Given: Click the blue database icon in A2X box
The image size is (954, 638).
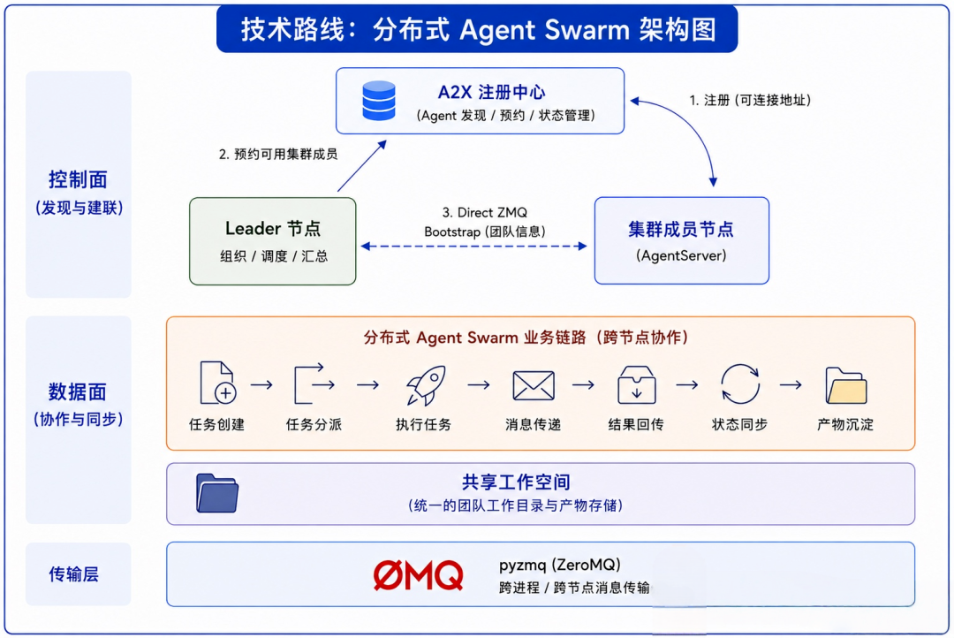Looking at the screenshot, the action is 378,101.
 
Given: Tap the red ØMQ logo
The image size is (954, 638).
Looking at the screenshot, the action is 418,575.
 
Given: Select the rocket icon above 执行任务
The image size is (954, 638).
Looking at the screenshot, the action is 426,384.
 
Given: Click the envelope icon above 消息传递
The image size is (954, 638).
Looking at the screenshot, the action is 534,385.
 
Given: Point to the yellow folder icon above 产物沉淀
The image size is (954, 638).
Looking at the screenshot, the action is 845,385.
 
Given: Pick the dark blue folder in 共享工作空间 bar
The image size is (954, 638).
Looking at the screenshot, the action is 217,493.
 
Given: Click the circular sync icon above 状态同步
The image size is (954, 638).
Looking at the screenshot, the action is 740,384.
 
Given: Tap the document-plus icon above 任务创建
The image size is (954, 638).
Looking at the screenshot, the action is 217,383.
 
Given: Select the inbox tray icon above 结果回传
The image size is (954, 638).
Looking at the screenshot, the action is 636,384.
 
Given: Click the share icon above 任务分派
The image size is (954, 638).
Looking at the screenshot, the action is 314,384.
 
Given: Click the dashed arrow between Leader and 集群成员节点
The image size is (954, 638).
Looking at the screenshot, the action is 473,247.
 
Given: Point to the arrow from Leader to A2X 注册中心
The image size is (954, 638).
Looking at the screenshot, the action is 362,166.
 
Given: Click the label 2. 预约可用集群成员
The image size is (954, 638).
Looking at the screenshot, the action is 278,154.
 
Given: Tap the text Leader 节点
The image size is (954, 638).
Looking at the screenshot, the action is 273,228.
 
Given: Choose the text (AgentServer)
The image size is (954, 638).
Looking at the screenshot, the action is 681,255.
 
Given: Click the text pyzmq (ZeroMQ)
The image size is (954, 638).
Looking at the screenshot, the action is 560,565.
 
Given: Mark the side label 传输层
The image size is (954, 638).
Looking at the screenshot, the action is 73,574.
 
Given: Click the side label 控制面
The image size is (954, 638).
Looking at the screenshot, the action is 78,179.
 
